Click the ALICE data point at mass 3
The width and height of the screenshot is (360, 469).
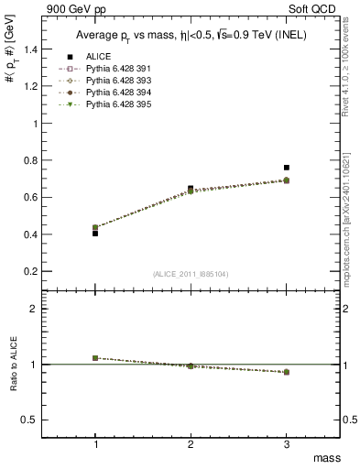click(287, 168)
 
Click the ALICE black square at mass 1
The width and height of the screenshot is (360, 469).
click(95, 234)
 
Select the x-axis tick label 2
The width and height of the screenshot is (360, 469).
click(191, 444)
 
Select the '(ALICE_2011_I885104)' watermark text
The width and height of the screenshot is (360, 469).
click(190, 273)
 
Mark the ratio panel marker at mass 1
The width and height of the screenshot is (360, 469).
click(95, 358)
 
